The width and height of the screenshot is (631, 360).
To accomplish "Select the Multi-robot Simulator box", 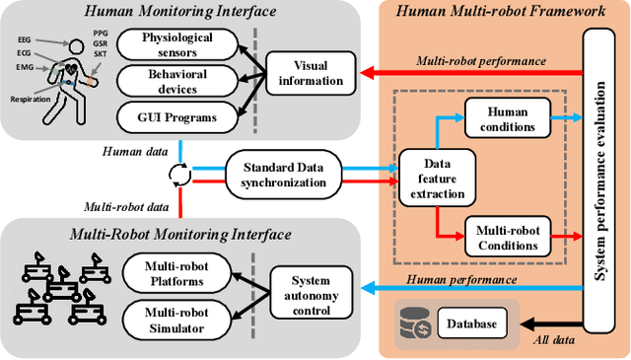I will (175, 318).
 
